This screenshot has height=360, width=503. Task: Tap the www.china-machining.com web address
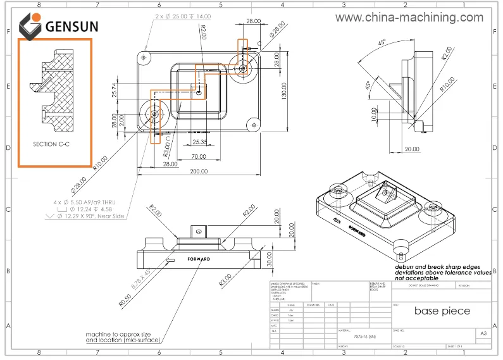409,17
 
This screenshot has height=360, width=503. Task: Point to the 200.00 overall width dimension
199,171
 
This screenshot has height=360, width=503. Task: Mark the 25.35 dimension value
200,142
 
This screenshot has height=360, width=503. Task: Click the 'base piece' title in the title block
442,311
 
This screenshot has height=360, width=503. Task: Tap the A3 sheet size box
483,333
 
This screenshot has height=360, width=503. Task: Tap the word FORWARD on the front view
199,259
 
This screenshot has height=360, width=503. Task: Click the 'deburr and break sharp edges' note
442,266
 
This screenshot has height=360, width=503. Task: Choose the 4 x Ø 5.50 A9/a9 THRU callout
92,202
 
